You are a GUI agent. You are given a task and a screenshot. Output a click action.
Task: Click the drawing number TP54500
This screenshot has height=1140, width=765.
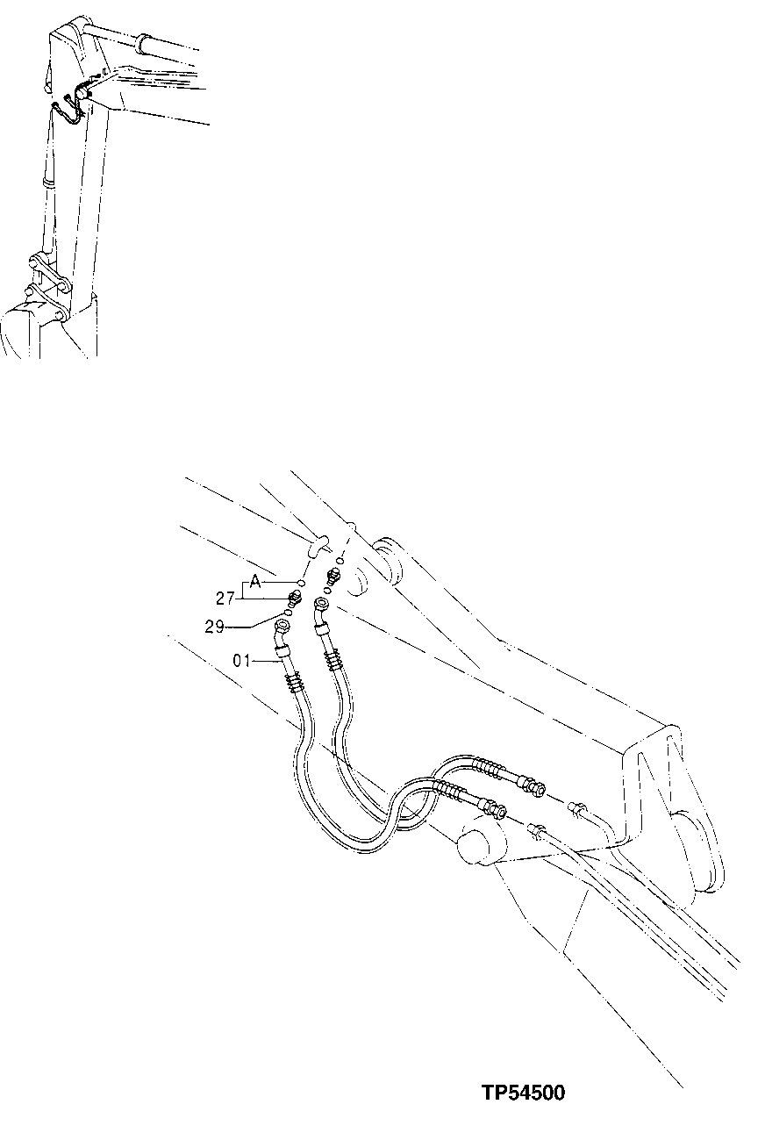tap(523, 1093)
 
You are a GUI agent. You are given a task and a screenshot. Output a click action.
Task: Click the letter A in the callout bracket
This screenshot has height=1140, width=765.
tap(255, 580)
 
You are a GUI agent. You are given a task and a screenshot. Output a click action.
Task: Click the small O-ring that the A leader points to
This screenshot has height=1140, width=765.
tap(301, 583)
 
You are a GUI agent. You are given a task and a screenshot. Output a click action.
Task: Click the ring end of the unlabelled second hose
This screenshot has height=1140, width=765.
tap(321, 607)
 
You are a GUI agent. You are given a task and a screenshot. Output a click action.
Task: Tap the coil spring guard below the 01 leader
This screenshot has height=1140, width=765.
tap(294, 678)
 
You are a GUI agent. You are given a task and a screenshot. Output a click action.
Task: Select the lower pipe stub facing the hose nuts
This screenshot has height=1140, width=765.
tap(539, 829)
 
